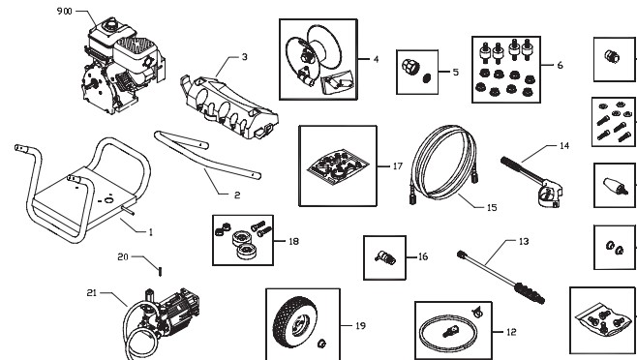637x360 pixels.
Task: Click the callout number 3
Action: [245, 57]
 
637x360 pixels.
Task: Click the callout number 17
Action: [397, 166]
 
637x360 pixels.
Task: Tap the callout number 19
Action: [359, 326]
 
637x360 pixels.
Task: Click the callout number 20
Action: [123, 257]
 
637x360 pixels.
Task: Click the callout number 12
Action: [511, 331]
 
